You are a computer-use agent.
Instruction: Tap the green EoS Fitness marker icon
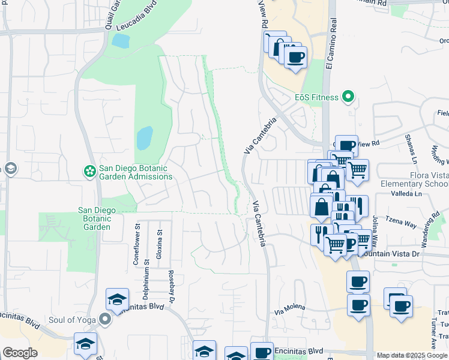347,97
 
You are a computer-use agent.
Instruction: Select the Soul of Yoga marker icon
106,319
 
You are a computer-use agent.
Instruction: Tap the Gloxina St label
160,244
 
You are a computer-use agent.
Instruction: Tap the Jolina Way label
374,229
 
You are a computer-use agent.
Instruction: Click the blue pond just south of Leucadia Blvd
120,41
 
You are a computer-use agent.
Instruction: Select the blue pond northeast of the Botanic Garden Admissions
144,138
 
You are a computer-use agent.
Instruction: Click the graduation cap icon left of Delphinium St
117,299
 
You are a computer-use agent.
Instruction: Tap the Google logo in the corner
20,353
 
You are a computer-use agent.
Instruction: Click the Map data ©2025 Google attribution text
412,355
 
